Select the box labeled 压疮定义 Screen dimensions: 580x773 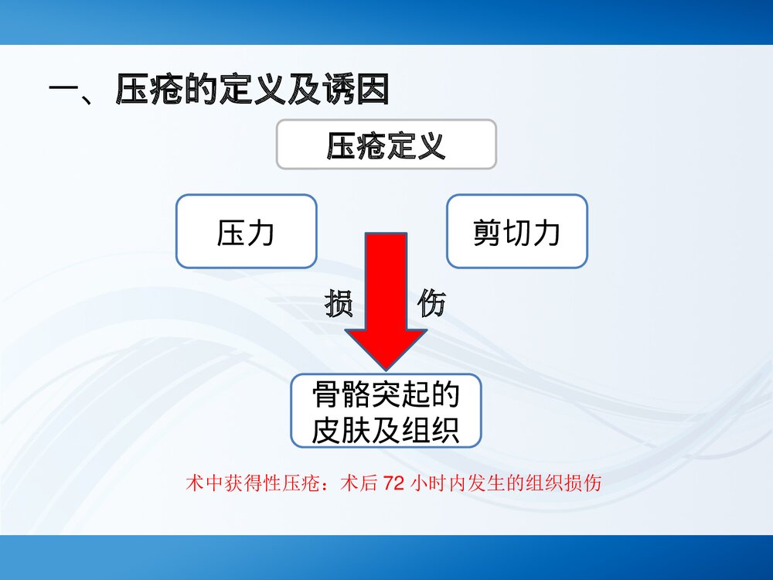386,145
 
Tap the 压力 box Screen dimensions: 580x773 246,232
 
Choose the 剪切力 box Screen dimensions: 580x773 516,232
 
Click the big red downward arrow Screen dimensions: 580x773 386,294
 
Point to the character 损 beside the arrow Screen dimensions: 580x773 339,305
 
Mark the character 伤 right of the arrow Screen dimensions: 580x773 431,305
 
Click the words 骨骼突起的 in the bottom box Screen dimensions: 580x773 386,396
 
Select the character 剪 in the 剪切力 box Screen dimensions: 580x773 487,232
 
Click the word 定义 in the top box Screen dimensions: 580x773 416,145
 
